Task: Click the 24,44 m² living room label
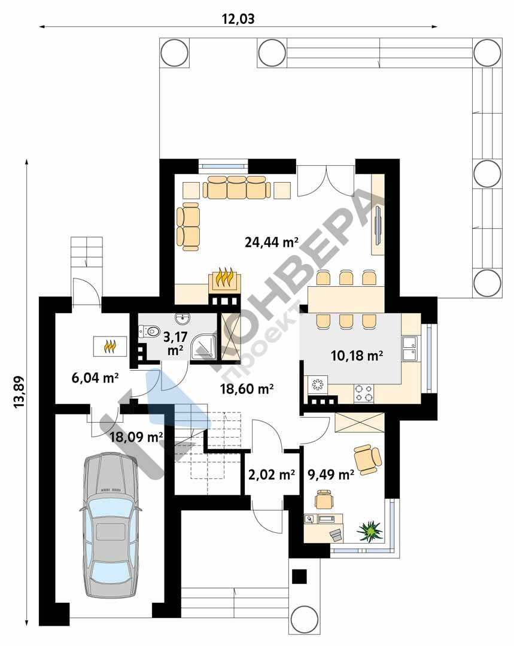pyautogui.click(x=272, y=242)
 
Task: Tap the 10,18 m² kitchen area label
pyautogui.click(x=357, y=355)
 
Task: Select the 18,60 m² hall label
pyautogui.click(x=247, y=389)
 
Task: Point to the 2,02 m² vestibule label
pyautogui.click(x=272, y=475)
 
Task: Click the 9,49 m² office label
pyautogui.click(x=331, y=475)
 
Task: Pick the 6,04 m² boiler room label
pyautogui.click(x=95, y=377)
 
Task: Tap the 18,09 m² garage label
pyautogui.click(x=136, y=436)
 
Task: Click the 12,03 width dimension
pyautogui.click(x=238, y=19)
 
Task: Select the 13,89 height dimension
pyautogui.click(x=19, y=392)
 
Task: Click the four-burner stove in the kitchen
pyautogui.click(x=364, y=393)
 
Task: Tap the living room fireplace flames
pyautogui.click(x=225, y=278)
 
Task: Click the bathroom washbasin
pyautogui.click(x=182, y=319)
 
